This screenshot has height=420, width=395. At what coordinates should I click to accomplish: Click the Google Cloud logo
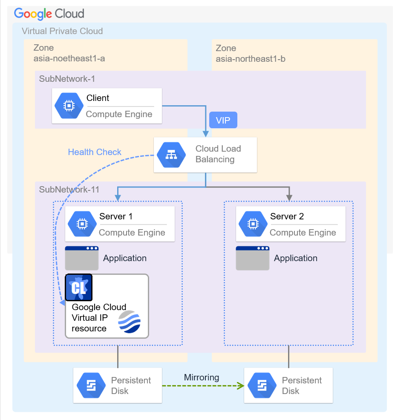coord(49,13)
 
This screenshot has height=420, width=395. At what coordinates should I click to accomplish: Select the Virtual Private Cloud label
coord(62,31)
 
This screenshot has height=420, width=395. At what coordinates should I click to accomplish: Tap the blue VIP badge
coord(223,120)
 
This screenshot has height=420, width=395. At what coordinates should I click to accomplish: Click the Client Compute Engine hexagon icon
coord(69,106)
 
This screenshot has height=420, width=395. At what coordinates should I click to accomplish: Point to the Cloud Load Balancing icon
coord(171,155)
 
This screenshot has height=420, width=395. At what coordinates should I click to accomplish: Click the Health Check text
coord(95,152)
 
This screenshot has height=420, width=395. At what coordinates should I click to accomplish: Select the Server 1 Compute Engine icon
coord(82,224)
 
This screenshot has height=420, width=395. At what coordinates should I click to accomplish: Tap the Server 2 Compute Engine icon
coord(253,224)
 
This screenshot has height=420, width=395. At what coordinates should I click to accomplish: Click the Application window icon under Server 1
coord(82,258)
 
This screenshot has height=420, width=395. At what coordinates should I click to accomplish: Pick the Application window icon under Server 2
coord(253,258)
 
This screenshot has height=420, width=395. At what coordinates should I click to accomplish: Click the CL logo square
coord(79,288)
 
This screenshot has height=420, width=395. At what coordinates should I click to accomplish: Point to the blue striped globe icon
coord(129,322)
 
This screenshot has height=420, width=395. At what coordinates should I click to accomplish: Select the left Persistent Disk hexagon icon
coord(91,385)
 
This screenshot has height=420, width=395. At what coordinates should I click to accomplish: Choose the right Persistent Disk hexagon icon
coord(262,385)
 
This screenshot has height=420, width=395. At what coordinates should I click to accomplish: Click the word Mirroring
coord(202,377)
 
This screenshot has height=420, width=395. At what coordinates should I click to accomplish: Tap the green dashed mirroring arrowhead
coord(241,385)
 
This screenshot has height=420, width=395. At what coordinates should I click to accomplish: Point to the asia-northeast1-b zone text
coord(251,59)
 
